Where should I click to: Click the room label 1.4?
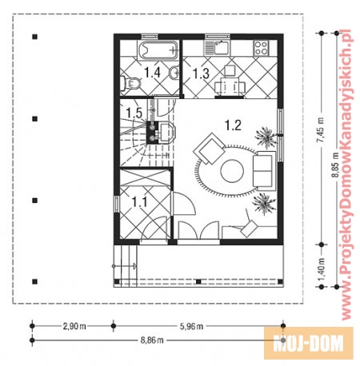pos(152,73)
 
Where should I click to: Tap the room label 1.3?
pos(201,74)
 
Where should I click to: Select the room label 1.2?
pos(233,125)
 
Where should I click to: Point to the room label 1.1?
pos(139,202)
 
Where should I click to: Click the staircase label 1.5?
pos(134,113)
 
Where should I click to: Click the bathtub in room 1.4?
pos(158,50)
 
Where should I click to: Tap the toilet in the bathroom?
pos(130,84)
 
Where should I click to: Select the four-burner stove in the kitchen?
pos(261,48)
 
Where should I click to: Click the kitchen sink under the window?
pos(218,48)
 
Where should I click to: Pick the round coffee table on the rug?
pos(232,171)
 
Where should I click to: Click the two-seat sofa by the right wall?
pos(264,171)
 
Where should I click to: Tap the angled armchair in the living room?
pos(210,148)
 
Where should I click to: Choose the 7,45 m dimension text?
pos(321,129)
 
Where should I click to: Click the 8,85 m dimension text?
pos(335,165)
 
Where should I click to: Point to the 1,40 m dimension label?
pos(322,269)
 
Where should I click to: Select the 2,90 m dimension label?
pos(74,326)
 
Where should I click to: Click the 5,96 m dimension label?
pos(191,326)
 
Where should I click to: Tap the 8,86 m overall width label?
pos(152,340)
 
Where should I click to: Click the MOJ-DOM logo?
pos(309,343)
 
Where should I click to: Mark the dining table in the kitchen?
pos(230,86)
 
